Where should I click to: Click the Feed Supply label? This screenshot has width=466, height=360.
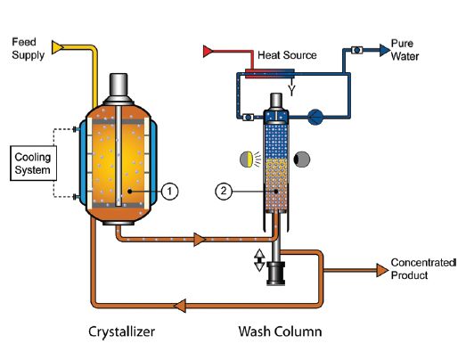tap(28, 49)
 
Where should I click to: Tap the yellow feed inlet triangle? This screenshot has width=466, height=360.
tap(57, 47)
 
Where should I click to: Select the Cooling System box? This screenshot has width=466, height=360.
tap(33, 163)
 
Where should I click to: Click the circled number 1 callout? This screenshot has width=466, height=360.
tap(169, 192)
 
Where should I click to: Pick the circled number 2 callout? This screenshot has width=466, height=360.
tap(224, 191)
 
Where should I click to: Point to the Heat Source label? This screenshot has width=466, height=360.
tap(287, 55)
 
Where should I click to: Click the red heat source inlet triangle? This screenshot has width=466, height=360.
tap(208, 51)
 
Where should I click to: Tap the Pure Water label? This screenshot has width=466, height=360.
tap(405, 50)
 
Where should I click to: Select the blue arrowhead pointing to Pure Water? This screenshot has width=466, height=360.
tap(385, 50)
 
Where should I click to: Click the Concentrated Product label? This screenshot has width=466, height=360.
tap(423, 269)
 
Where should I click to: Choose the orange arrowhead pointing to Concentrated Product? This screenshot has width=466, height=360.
tap(382, 270)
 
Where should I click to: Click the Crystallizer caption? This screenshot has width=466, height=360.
tap(121, 331)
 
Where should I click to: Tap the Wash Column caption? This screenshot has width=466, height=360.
tap(280, 331)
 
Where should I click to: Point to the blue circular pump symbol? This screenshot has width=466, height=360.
tap(315, 117)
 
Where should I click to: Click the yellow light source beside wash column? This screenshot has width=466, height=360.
tap(247, 159)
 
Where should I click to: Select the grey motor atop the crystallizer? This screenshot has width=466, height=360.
tap(119, 88)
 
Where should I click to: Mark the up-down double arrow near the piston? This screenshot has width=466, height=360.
tap(259, 260)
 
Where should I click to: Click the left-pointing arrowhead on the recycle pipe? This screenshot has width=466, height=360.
tap(180, 306)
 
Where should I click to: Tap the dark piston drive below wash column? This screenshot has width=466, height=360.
tap(276, 274)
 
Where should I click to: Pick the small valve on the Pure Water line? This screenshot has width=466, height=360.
tap(356, 50)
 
